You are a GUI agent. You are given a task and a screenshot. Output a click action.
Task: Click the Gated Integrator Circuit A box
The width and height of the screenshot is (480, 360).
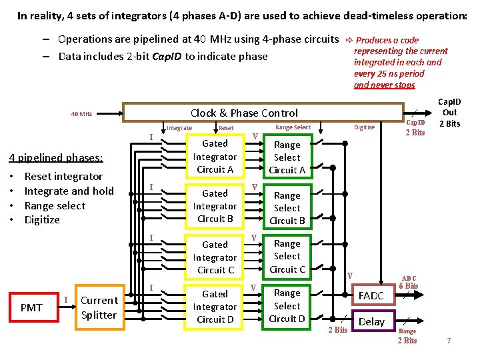[215, 157]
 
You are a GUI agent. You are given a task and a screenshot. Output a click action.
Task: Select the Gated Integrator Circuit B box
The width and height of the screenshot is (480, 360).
[215, 206]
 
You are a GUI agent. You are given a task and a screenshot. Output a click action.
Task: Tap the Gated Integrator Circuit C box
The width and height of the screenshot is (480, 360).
[215, 257]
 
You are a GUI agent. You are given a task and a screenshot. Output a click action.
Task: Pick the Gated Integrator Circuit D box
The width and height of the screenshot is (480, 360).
[215, 307]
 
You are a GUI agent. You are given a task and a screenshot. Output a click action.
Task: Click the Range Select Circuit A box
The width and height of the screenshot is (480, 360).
[287, 157]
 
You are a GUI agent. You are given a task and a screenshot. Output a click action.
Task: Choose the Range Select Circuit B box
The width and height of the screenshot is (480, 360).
[287, 208]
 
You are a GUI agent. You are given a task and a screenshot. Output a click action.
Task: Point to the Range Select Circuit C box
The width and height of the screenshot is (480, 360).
[287, 257]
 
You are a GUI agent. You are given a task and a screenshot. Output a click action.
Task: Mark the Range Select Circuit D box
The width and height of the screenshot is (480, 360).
[287, 306]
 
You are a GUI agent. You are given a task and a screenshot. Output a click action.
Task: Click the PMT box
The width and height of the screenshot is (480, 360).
[31, 307]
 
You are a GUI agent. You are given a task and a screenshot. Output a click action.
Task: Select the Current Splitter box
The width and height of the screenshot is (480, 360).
[99, 307]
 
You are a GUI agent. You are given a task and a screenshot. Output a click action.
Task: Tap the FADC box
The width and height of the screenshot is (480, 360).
[371, 295]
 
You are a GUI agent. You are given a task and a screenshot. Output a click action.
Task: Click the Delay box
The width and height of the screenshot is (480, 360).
[371, 321]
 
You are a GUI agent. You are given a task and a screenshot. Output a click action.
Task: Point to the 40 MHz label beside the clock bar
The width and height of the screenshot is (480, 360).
[81, 114]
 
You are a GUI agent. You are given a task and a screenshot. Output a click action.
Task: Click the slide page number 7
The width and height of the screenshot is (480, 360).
[449, 341]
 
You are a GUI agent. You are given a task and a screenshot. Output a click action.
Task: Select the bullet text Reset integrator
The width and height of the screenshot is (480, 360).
[63, 177]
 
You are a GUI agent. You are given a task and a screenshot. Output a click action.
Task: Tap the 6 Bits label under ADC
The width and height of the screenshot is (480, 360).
[408, 286]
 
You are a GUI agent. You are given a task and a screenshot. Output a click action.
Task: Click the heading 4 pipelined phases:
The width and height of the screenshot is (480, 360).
[55, 158]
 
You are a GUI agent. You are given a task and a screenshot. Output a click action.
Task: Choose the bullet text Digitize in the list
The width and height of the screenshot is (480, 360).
[42, 220]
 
